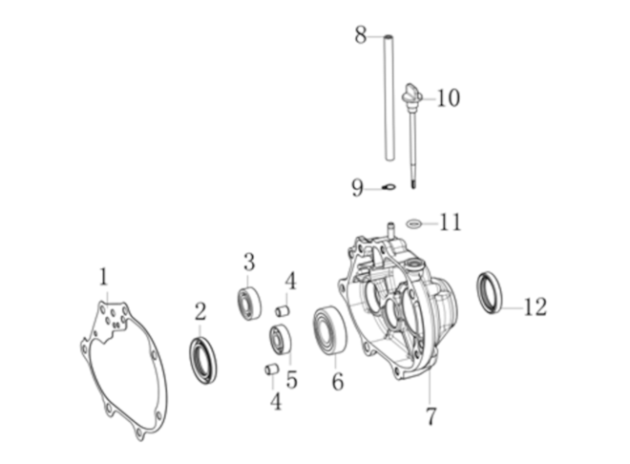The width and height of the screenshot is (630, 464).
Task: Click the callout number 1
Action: pyautogui.click(x=104, y=277)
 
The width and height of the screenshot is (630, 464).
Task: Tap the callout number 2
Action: pyautogui.click(x=200, y=311)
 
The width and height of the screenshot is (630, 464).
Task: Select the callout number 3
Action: pyautogui.click(x=249, y=262)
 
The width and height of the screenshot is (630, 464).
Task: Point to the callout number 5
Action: pyautogui.click(x=292, y=380)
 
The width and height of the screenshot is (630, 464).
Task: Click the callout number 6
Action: pyautogui.click(x=338, y=381)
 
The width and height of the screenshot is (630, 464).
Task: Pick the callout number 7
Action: pyautogui.click(x=430, y=416)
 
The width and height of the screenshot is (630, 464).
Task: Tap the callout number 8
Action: pyautogui.click(x=361, y=34)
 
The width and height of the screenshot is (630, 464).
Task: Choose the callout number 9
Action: pyautogui.click(x=357, y=188)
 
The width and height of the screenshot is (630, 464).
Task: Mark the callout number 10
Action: pyautogui.click(x=448, y=98)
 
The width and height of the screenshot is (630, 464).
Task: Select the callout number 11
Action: pyautogui.click(x=451, y=222)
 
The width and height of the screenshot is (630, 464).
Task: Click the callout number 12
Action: pyautogui.click(x=535, y=306)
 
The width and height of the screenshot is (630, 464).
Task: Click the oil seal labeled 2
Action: pyautogui.click(x=203, y=360)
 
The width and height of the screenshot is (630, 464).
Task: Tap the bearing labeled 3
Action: pyautogui.click(x=248, y=303)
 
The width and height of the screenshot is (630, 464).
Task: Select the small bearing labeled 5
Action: pyautogui.click(x=280, y=340)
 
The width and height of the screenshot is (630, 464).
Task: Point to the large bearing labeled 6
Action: pyautogui.click(x=330, y=330)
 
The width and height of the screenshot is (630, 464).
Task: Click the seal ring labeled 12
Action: pyautogui.click(x=490, y=293)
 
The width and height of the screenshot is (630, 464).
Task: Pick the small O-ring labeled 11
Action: pyautogui.click(x=414, y=223)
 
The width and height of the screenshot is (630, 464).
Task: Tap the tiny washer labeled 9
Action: pyautogui.click(x=388, y=187)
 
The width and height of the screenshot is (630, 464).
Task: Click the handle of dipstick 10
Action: pyautogui.click(x=411, y=94)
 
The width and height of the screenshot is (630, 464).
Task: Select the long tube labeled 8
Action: pyautogui.click(x=388, y=98)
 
